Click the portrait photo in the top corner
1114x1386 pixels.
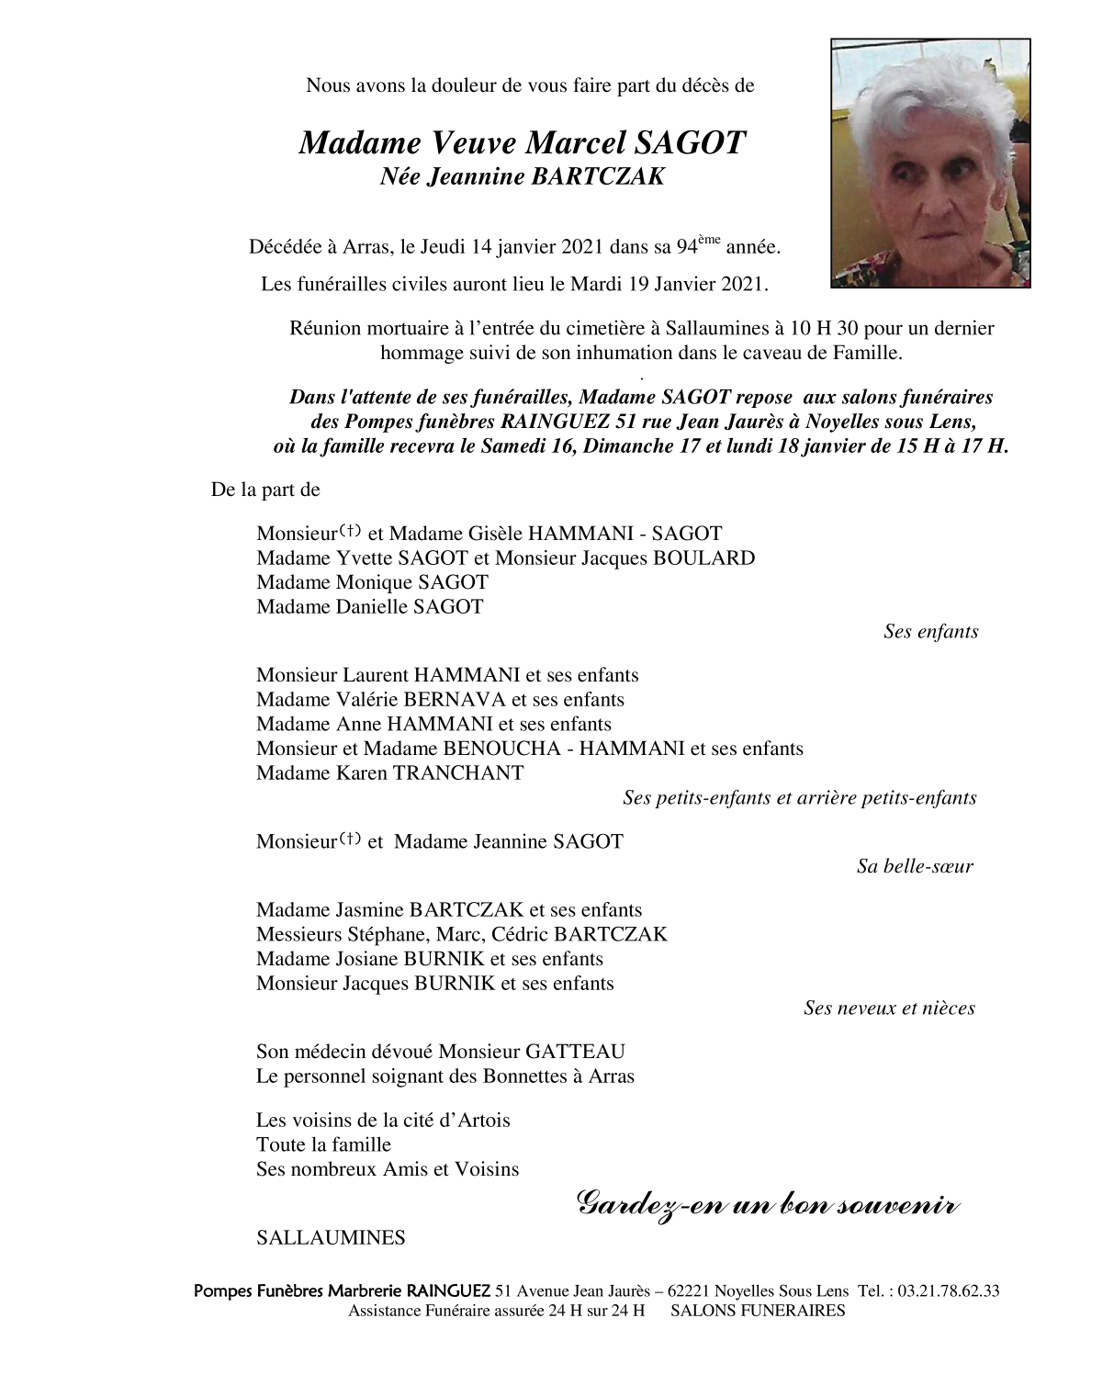(x=930, y=163)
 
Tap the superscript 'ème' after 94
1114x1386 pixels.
(x=709, y=240)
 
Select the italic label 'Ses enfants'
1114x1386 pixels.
(x=930, y=631)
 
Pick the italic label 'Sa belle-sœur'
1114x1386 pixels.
(x=915, y=865)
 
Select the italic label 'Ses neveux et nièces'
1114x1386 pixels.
(x=889, y=1008)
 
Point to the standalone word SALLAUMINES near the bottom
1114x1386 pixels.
(x=331, y=1237)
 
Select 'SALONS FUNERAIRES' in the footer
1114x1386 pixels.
(x=758, y=1311)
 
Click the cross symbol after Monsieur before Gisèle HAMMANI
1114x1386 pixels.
(x=350, y=530)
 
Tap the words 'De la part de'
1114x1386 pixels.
(x=265, y=490)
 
